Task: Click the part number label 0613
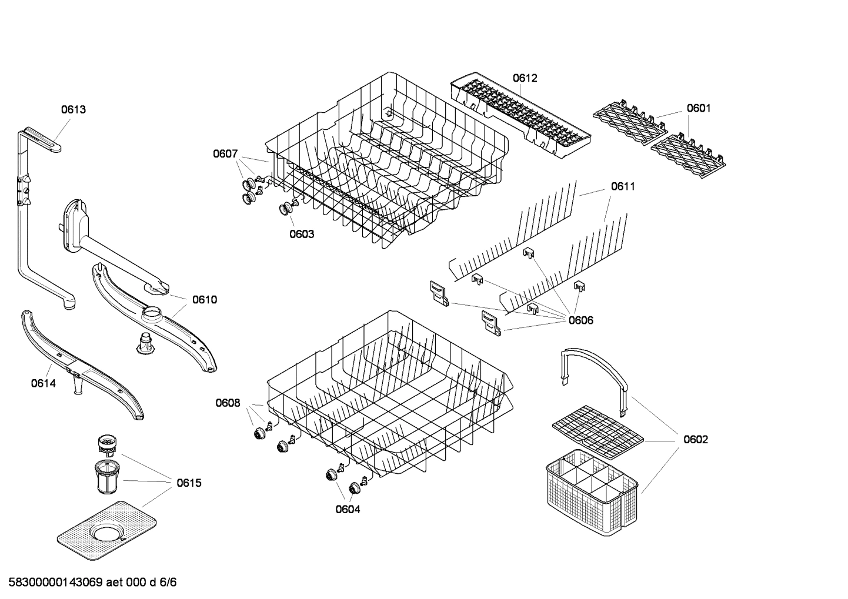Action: pos(74,109)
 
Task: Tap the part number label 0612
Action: pos(525,78)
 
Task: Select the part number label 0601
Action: pos(698,108)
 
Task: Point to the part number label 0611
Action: pos(622,186)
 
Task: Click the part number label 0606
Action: pos(580,320)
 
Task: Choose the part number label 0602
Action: pos(695,440)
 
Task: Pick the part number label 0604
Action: pos(348,509)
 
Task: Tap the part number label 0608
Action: pos(228,403)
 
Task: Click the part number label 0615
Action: pos(189,483)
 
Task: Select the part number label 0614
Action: pos(43,383)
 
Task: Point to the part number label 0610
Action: pos(204,300)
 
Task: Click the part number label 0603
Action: pos(302,234)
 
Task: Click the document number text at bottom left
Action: pos(89,583)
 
